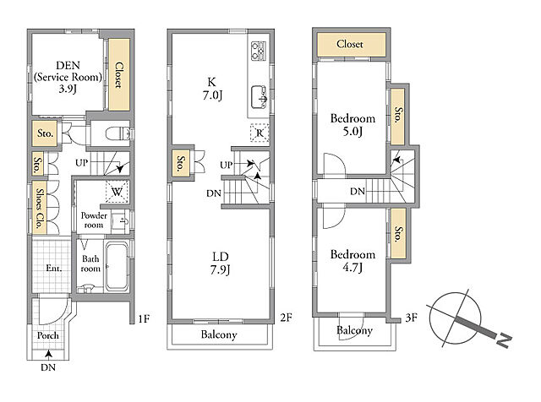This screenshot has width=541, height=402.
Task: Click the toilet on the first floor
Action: tap(118, 133)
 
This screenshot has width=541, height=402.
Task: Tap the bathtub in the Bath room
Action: tap(117, 267)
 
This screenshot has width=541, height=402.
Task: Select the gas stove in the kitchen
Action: tap(259, 51)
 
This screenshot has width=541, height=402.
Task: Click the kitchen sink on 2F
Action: tap(260, 96)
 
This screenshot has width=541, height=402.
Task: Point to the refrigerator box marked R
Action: tap(260, 133)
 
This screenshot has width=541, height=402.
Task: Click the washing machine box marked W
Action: tap(117, 192)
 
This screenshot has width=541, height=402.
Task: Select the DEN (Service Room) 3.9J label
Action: tap(68, 77)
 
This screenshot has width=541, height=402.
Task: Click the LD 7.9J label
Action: tap(221, 263)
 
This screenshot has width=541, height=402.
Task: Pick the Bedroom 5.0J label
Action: tap(352, 124)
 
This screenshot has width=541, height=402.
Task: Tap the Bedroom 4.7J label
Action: tap(352, 261)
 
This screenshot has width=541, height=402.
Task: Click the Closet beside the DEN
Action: tap(119, 74)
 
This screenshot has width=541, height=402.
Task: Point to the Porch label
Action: tap(47, 335)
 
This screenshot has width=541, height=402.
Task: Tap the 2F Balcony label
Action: tap(219, 334)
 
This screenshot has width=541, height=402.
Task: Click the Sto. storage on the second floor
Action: tap(180, 164)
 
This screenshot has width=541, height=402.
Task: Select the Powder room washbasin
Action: tap(121, 220)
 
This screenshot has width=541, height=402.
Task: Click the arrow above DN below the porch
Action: tap(49, 355)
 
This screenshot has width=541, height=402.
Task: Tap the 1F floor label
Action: tap(144, 318)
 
